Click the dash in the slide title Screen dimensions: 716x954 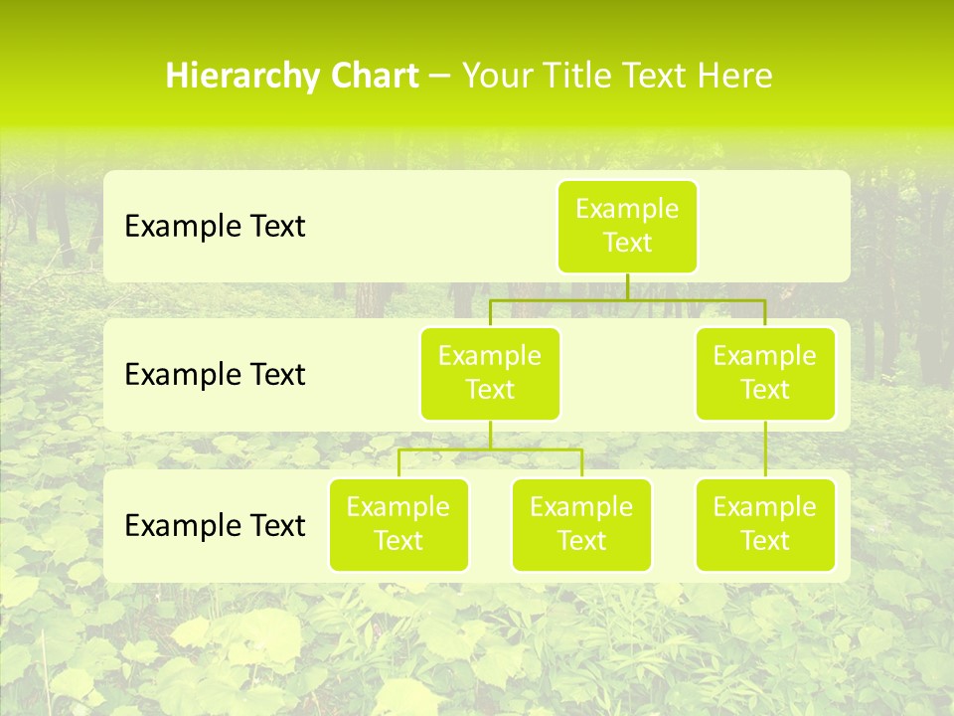439,77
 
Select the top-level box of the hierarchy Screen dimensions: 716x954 627,226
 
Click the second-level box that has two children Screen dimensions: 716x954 490,373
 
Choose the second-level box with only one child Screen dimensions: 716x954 765,373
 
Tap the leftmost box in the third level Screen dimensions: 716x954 398,524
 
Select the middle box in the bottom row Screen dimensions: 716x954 581,524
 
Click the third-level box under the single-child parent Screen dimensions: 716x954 765,524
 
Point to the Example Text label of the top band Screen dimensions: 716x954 215,226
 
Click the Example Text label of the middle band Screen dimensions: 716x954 215,374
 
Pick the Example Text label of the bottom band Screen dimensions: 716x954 215,524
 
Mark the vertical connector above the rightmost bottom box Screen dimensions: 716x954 765,449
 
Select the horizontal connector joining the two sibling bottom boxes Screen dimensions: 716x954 490,449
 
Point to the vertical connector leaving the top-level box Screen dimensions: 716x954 627,286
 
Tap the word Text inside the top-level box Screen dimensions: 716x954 627,243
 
